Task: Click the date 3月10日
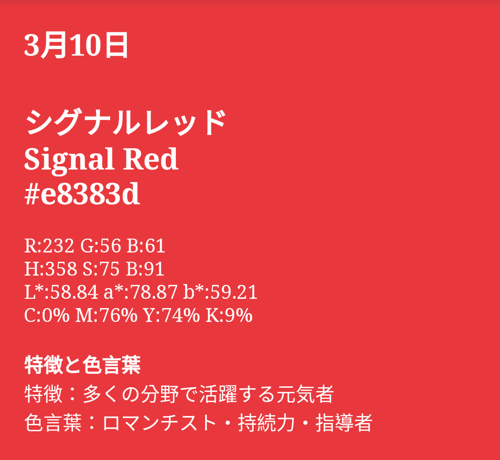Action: click(x=76, y=45)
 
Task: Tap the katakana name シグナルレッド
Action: click(x=125, y=123)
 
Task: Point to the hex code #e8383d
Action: click(x=82, y=194)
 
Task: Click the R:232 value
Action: click(x=49, y=246)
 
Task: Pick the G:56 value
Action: click(x=101, y=246)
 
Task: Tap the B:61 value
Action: click(x=146, y=246)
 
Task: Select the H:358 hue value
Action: click(x=50, y=269)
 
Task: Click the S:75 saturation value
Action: click(x=101, y=269)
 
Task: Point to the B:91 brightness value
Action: click(x=145, y=269)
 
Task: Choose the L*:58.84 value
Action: click(x=61, y=292)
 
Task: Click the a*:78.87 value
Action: click(x=141, y=292)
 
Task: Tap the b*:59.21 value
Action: click(x=220, y=292)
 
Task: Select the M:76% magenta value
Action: click(x=106, y=315)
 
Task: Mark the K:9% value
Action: click(x=229, y=315)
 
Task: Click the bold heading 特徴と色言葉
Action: click(x=82, y=365)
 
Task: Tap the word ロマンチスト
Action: click(x=160, y=423)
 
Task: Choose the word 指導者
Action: click(x=344, y=423)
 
